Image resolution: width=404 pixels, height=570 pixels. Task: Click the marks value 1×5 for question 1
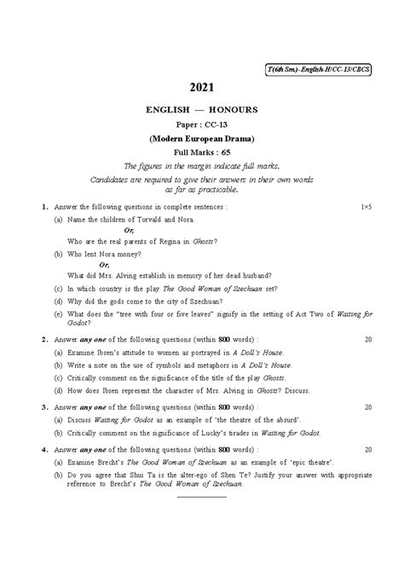click(366, 207)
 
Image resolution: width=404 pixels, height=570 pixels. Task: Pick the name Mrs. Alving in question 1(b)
click(124, 276)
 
